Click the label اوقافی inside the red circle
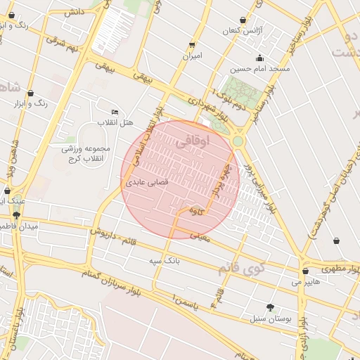[191, 141]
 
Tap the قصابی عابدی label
[147, 181]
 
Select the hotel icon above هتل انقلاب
[115, 112]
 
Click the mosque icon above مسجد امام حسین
[259, 58]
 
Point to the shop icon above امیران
[192, 45]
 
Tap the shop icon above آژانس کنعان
[243, 20]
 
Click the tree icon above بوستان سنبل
[270, 307]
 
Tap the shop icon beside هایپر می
[305, 271]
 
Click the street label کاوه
[196, 210]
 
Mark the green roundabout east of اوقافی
[238, 141]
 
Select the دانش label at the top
[72, 12]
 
